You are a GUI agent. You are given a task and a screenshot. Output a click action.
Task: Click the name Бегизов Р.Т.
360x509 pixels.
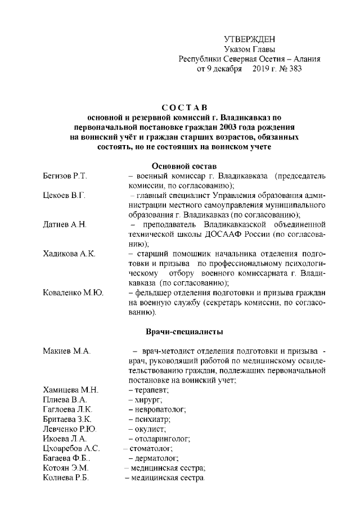tap(65, 177)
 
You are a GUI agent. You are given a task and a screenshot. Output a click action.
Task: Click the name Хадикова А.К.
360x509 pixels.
tap(69, 254)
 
